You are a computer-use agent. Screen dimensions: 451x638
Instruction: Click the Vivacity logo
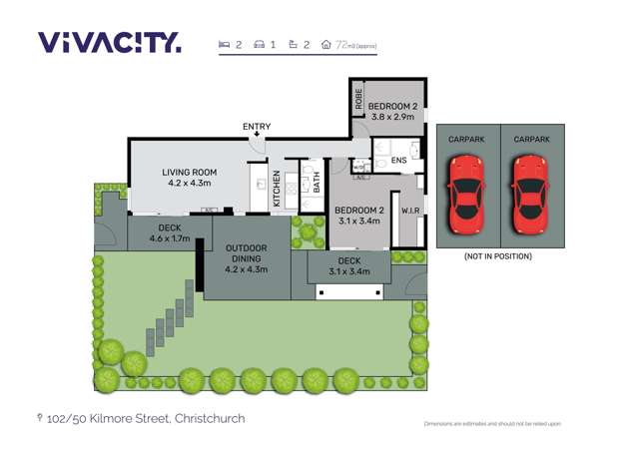pos(110,42)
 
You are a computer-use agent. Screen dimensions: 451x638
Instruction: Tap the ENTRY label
pos(256,127)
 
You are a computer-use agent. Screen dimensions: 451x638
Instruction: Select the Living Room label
pos(190,178)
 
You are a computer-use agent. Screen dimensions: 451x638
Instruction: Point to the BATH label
pos(316,183)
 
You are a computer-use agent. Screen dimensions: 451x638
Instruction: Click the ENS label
pos(398,160)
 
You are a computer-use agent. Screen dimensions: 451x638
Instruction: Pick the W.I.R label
pos(408,211)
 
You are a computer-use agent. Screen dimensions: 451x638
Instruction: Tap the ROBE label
pos(356,100)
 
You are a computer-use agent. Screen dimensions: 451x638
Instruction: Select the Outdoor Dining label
pos(245,257)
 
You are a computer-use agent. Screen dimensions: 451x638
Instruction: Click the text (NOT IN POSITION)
pos(499,256)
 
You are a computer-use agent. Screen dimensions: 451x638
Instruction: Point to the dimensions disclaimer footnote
pos(492,424)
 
